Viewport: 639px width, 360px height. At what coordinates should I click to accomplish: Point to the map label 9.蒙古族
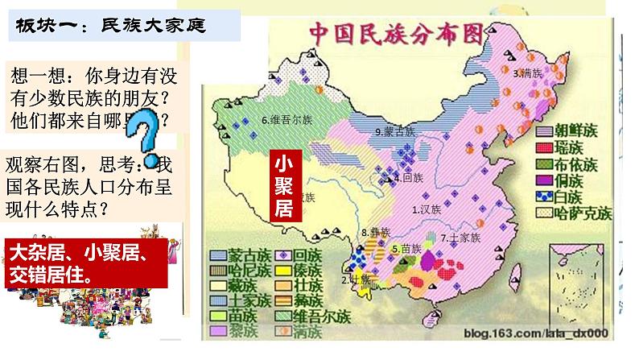394,131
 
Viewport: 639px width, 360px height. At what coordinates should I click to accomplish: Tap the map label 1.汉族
427,209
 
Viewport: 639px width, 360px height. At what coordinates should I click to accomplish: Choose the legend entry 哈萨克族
581,213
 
